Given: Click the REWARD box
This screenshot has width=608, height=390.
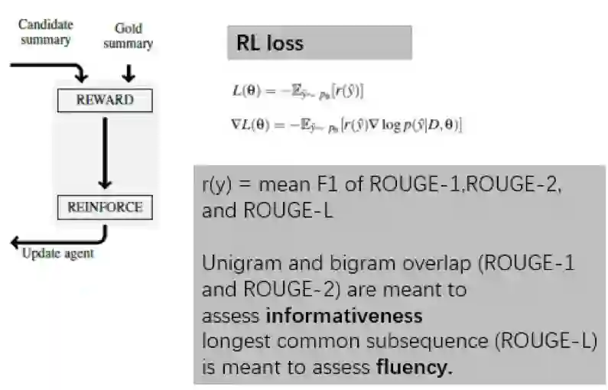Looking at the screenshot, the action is (105, 100).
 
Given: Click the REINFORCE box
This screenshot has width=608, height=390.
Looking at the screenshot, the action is (105, 206).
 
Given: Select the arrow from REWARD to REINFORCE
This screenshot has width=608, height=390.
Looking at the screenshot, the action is (106, 153).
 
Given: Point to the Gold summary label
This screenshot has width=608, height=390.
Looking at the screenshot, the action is (128, 36).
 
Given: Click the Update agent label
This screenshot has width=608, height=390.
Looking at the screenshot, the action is (58, 253).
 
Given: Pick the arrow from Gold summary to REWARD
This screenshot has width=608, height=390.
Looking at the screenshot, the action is (128, 72).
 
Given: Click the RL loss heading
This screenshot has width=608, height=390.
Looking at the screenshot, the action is (268, 44).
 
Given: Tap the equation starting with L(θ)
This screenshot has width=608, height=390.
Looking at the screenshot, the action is (298, 91).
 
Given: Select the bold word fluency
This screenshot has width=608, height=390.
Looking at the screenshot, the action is (415, 367).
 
